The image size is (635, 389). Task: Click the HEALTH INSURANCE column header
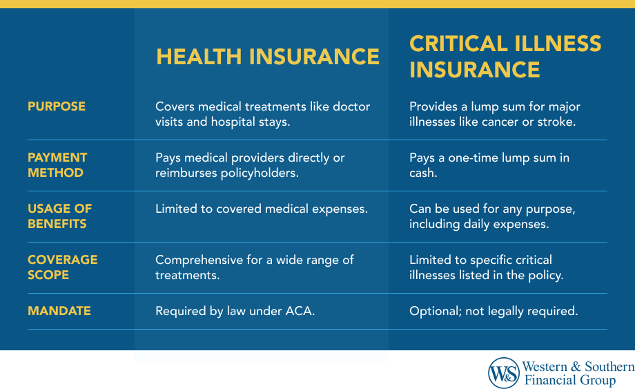268,57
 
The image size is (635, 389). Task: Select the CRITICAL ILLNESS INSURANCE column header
505,57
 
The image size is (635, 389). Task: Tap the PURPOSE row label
57,106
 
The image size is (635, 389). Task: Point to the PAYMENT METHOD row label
57,165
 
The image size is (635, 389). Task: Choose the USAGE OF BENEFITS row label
60,216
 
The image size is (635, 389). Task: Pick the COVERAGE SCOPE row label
62,267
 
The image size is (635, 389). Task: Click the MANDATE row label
59,311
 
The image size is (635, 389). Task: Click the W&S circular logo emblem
503,373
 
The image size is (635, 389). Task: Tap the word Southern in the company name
609,367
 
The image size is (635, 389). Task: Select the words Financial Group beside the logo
570,380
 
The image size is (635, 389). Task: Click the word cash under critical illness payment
423,173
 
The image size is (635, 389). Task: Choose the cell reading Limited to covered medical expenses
262,209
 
